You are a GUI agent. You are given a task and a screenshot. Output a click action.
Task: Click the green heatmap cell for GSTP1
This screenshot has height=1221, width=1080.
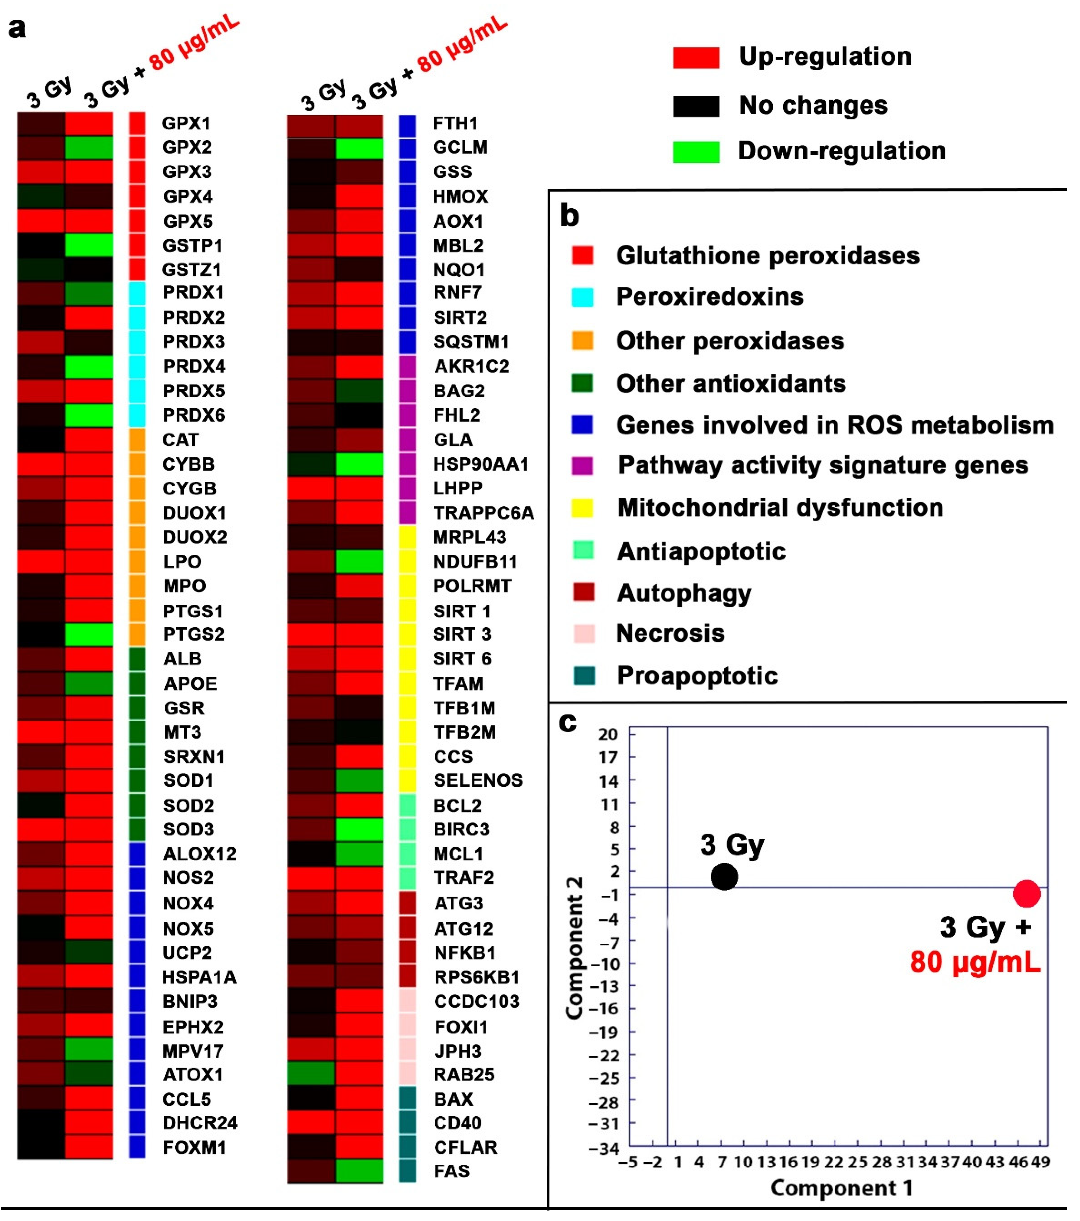click(89, 245)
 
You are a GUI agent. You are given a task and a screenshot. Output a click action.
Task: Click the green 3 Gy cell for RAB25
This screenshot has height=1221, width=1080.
click(311, 1074)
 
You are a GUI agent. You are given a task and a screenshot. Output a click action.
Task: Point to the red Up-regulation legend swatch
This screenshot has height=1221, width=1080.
click(696, 58)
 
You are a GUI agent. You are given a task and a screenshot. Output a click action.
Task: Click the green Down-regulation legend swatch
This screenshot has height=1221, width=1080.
click(696, 152)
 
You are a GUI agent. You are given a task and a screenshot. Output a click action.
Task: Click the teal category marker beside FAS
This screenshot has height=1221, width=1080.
click(407, 1171)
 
